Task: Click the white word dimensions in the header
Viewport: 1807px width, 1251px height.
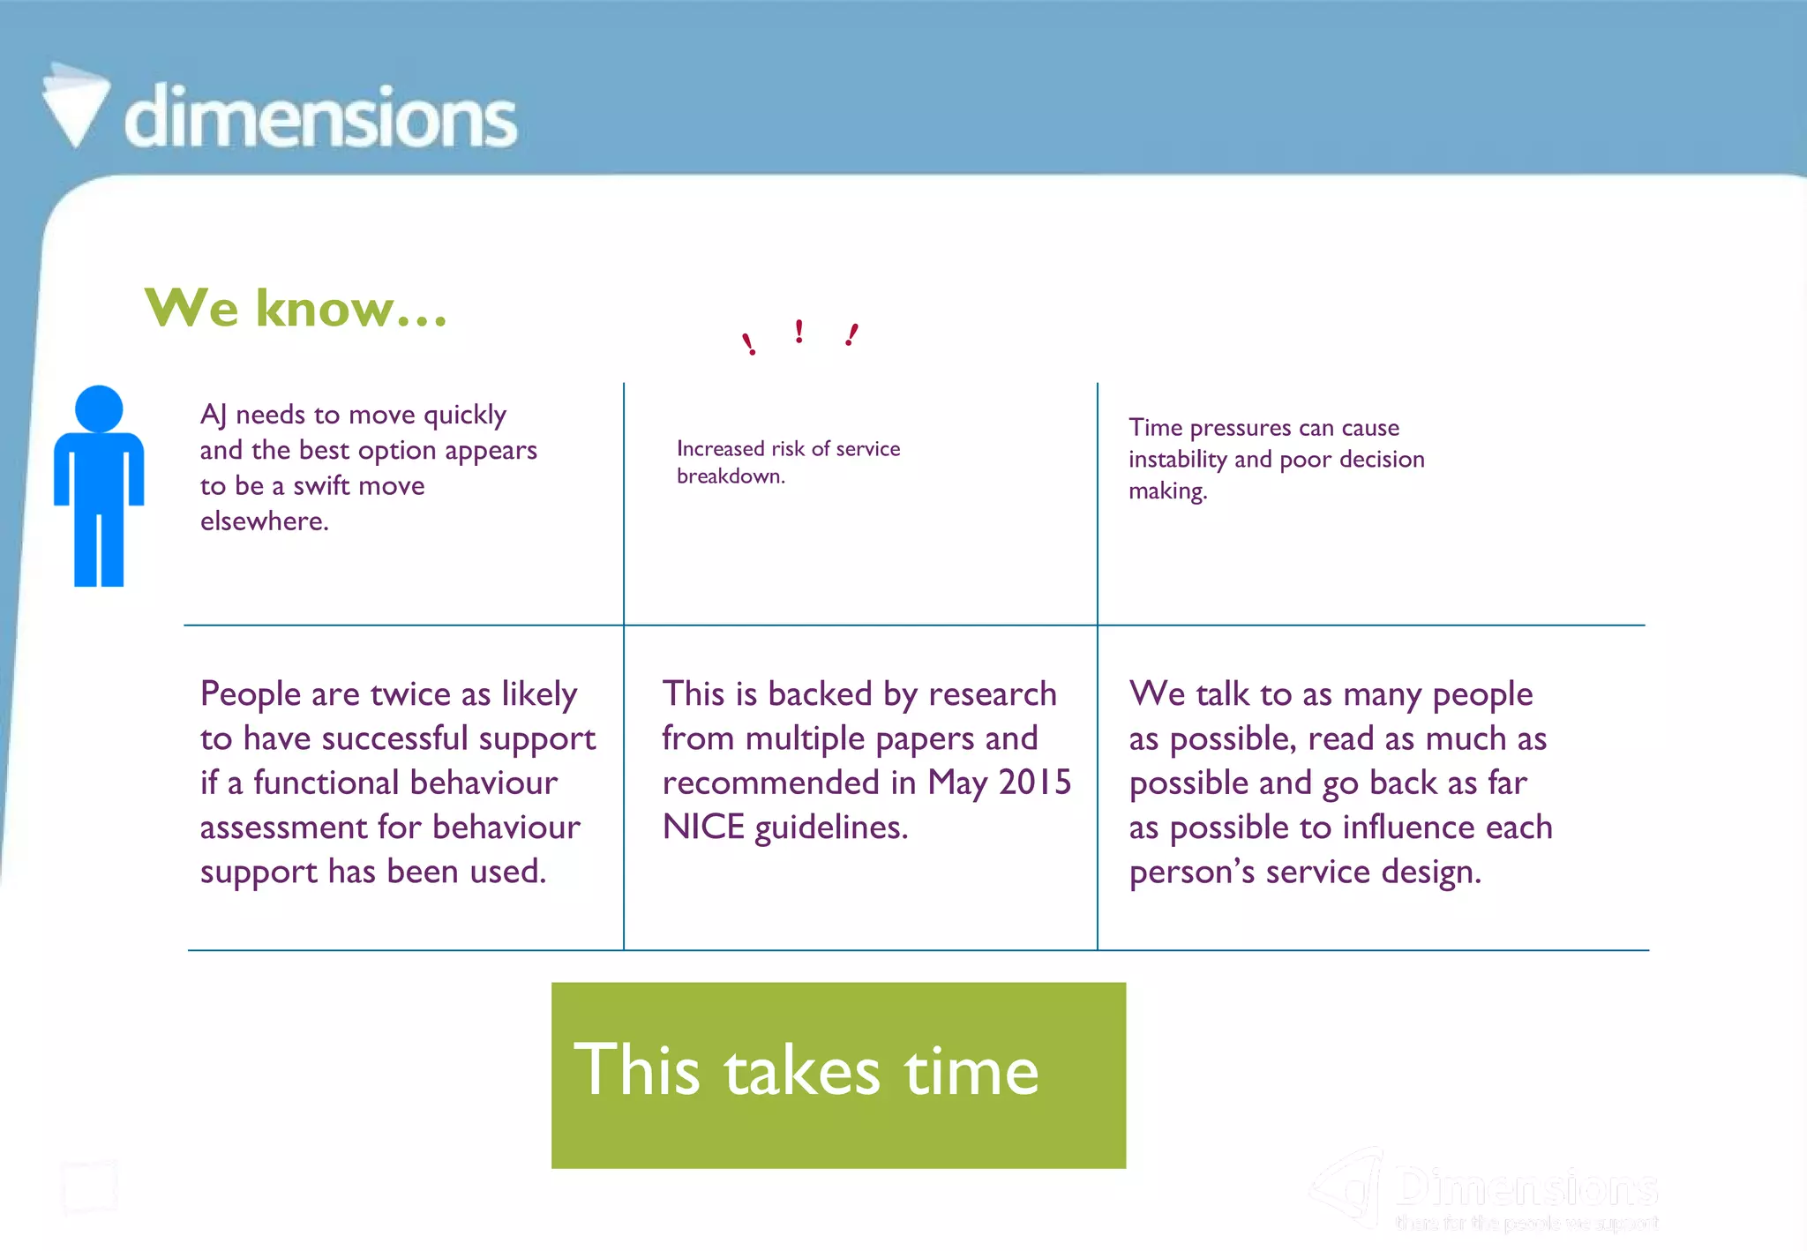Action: (320, 117)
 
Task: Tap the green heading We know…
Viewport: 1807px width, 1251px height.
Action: (296, 308)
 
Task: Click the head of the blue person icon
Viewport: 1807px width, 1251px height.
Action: (99, 408)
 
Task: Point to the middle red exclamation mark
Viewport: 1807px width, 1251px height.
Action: (799, 332)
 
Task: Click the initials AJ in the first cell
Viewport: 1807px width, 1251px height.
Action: (213, 415)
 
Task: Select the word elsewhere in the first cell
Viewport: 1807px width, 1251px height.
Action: (264, 521)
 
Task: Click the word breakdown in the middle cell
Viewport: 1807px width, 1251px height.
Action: (730, 476)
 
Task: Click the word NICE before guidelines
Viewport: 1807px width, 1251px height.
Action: (703, 828)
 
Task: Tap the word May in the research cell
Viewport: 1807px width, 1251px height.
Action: (956, 783)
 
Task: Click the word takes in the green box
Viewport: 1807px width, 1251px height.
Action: (802, 1071)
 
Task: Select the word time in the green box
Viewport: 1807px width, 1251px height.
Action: (971, 1071)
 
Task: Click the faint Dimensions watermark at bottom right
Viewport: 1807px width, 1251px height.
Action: (1526, 1188)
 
